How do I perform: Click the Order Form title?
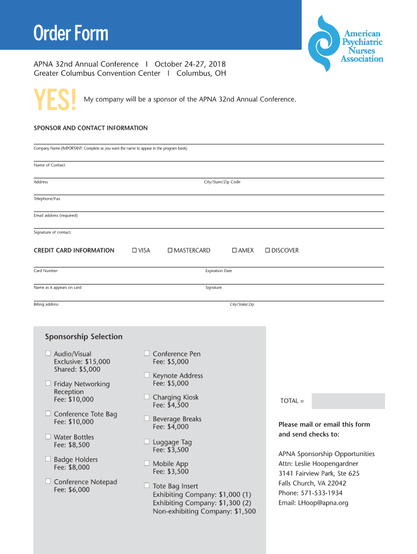[71, 34]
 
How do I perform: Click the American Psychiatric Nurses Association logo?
[346, 44]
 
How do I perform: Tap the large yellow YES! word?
[55, 101]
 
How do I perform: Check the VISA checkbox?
[135, 250]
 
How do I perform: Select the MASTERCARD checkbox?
[170, 250]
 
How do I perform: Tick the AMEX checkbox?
[234, 250]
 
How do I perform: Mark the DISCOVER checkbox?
[268, 250]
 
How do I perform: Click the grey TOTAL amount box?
[348, 401]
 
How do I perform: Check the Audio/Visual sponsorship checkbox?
[48, 353]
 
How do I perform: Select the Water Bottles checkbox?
[48, 437]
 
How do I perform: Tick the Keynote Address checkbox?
[147, 375]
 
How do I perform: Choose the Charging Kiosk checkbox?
[147, 397]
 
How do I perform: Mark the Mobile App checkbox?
[147, 463]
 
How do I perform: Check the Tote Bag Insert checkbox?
[147, 486]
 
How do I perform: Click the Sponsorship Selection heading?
[83, 337]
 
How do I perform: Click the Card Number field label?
[45, 271]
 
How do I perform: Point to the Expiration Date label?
[218, 271]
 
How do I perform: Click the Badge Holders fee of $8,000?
[72, 467]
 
